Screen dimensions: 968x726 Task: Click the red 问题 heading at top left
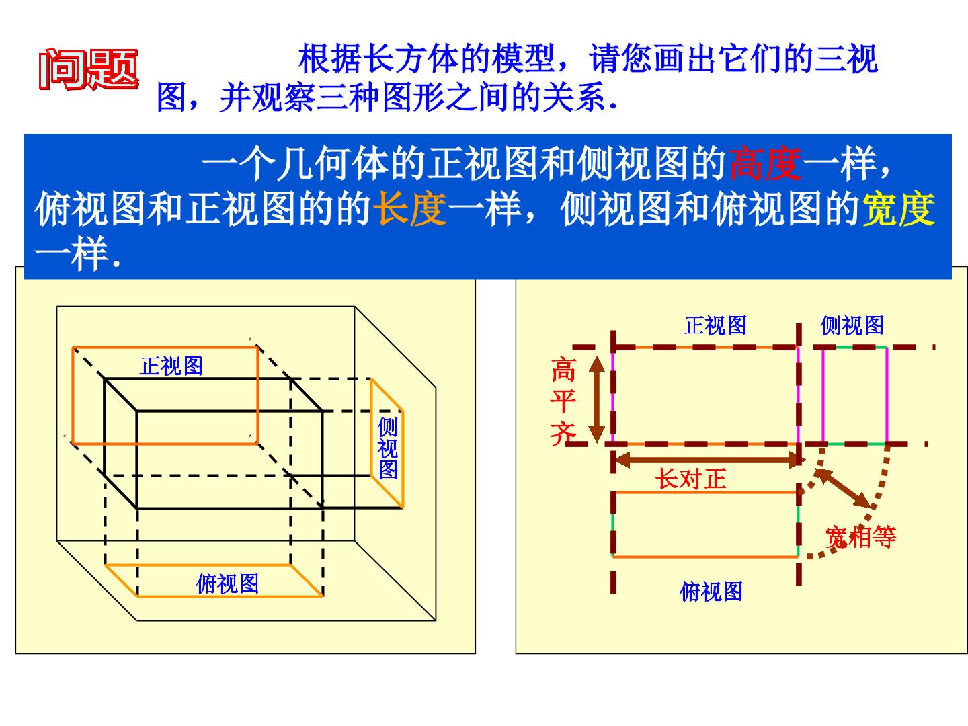pyautogui.click(x=89, y=69)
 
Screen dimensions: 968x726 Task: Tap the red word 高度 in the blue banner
pyautogui.click(x=764, y=164)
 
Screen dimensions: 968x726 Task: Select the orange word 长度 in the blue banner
pyautogui.click(x=409, y=209)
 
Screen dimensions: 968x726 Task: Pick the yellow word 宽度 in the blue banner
pyautogui.click(x=898, y=209)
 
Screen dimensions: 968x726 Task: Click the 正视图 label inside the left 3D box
pyautogui.click(x=171, y=366)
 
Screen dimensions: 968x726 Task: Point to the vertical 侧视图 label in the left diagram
pyautogui.click(x=388, y=448)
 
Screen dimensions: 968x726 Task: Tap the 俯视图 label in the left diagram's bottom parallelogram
pyautogui.click(x=228, y=583)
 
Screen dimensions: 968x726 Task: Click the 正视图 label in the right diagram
pyautogui.click(x=715, y=325)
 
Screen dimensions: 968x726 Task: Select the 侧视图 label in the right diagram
pyautogui.click(x=852, y=325)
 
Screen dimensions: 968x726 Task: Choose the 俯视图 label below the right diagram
pyautogui.click(x=711, y=591)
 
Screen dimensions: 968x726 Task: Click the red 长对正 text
pyautogui.click(x=690, y=479)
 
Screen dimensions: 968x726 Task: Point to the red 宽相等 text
pyautogui.click(x=861, y=537)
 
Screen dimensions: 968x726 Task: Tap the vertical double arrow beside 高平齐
pyautogui.click(x=597, y=399)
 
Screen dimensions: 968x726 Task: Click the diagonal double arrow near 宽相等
pyautogui.click(x=842, y=489)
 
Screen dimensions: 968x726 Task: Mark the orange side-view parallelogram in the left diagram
pyautogui.click(x=387, y=443)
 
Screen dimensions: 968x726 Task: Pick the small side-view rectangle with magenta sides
pyautogui.click(x=854, y=395)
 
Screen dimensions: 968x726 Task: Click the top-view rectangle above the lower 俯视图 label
pyautogui.click(x=706, y=524)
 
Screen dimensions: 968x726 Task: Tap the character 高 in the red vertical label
pyautogui.click(x=563, y=370)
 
